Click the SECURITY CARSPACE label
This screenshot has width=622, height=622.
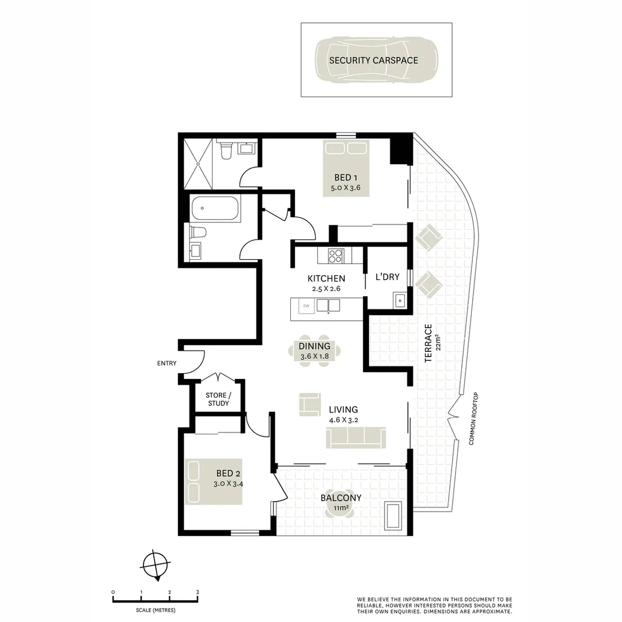point(373,60)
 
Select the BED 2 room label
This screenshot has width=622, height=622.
point(225,474)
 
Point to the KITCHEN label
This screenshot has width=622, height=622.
point(326,279)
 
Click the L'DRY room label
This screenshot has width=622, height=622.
point(388,277)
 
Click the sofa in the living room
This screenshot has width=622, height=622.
point(356,438)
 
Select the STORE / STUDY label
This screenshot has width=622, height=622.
point(218,399)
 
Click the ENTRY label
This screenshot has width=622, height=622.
point(166,363)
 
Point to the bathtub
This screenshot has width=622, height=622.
point(215,210)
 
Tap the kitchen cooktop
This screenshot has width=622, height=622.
point(335,255)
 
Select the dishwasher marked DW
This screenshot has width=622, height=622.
point(306,305)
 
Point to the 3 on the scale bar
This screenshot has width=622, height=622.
point(197,592)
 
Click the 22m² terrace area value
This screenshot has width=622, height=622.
point(438,343)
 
